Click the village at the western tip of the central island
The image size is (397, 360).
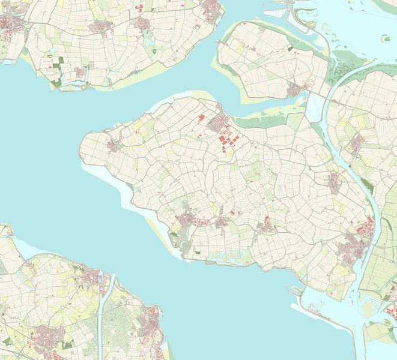point(114,146)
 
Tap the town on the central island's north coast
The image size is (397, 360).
point(215,123)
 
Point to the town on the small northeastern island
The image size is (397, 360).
point(294,90)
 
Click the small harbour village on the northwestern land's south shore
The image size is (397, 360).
point(80,74)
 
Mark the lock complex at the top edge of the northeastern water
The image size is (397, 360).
point(294,15)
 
